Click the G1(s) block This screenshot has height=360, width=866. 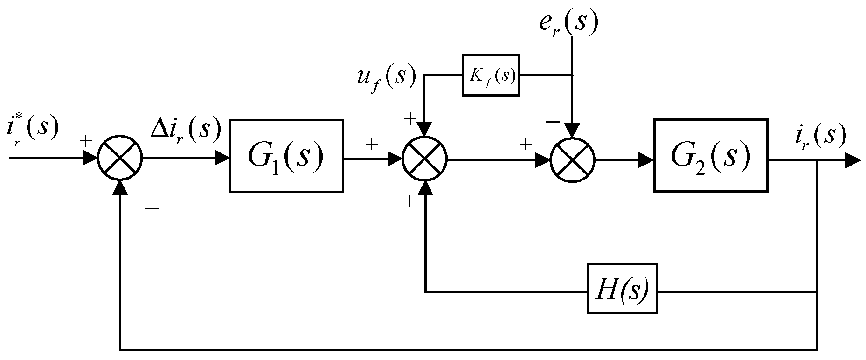click(286, 155)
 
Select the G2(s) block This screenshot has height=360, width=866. click(711, 155)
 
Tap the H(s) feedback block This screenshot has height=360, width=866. click(622, 289)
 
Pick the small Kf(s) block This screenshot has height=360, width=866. click(491, 76)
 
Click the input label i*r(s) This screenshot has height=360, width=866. click(33, 128)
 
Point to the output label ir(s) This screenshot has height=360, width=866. click(819, 135)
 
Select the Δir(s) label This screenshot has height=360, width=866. click(185, 130)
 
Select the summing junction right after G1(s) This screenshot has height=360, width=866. click(425, 160)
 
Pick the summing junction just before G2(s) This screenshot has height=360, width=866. click(572, 160)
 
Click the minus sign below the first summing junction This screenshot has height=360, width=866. click(152, 208)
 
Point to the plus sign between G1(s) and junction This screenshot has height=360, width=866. click(372, 144)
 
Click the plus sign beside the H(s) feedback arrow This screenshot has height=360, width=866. click(409, 201)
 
